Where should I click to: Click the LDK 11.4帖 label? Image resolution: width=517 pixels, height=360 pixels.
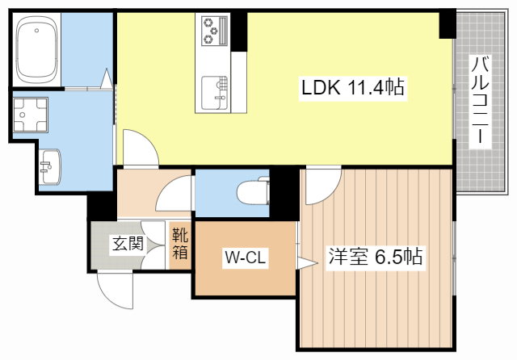(x=353, y=86)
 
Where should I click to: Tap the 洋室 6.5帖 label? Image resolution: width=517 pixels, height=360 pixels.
(x=375, y=257)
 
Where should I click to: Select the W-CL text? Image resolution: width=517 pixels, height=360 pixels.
(x=246, y=258)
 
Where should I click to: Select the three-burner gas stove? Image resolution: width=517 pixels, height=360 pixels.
(x=212, y=30)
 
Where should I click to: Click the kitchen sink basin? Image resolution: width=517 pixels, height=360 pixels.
(x=214, y=90)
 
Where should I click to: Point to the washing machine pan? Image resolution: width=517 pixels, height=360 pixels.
(x=30, y=116)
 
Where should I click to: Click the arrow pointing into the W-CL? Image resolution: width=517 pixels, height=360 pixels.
(x=305, y=262)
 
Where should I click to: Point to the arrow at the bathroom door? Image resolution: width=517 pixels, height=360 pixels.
(x=106, y=79)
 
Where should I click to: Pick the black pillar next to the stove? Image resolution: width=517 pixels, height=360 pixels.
(x=239, y=30)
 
